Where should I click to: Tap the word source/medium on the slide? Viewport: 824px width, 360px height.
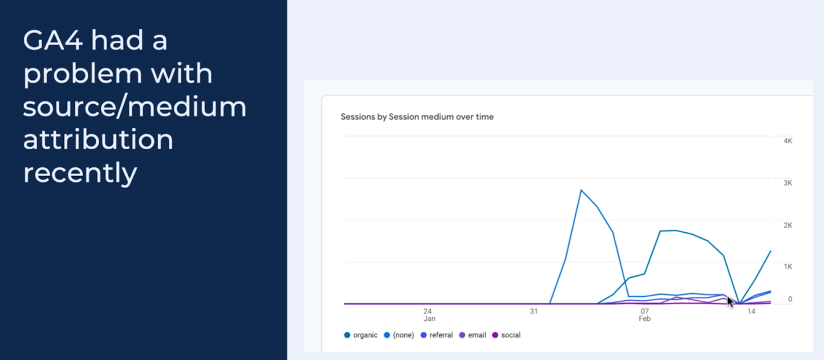point(134,107)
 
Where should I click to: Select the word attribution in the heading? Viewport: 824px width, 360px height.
point(98,140)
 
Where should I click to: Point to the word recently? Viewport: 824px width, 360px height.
point(80,173)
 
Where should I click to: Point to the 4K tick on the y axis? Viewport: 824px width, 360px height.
point(787,141)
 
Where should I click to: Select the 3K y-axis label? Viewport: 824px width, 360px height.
point(787,183)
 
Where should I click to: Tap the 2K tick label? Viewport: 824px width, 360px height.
point(787,225)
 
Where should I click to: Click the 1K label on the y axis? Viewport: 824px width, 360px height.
point(787,267)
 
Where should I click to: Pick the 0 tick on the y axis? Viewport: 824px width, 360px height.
point(790,299)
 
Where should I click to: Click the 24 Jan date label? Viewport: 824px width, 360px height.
point(428,315)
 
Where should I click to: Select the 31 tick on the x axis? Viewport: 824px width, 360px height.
point(534,312)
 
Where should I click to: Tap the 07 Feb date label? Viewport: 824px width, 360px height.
point(644,315)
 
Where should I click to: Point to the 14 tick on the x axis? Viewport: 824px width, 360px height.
point(751,312)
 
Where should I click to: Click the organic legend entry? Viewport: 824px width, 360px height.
point(360,335)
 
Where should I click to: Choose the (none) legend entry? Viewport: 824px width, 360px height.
point(399,335)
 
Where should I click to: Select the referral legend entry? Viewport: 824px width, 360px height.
point(437,335)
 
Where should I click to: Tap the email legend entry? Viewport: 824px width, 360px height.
point(473,335)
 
